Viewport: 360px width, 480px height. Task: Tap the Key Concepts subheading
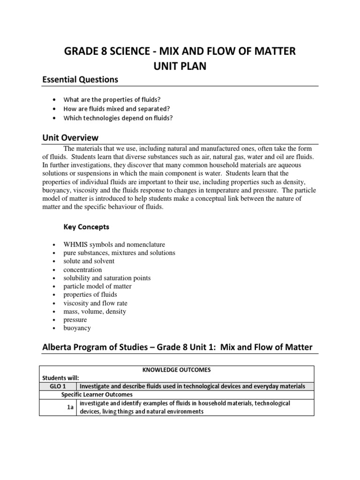tap(86, 227)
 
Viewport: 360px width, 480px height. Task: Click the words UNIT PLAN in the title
tap(180, 66)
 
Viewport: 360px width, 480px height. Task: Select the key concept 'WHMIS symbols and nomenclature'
tap(114, 245)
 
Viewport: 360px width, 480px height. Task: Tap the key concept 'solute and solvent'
tap(89, 261)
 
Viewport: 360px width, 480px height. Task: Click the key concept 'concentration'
tap(82, 270)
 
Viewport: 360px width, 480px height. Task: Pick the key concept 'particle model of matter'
tap(97, 286)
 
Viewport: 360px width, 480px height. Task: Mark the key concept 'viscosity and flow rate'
tap(95, 303)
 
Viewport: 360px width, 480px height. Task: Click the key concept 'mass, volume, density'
tap(95, 312)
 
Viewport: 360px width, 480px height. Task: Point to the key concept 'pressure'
tap(75, 320)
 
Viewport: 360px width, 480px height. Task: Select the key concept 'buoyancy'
tap(77, 328)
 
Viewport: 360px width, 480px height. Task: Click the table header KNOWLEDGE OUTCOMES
tap(177, 370)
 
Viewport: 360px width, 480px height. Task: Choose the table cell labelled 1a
tap(70, 408)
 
